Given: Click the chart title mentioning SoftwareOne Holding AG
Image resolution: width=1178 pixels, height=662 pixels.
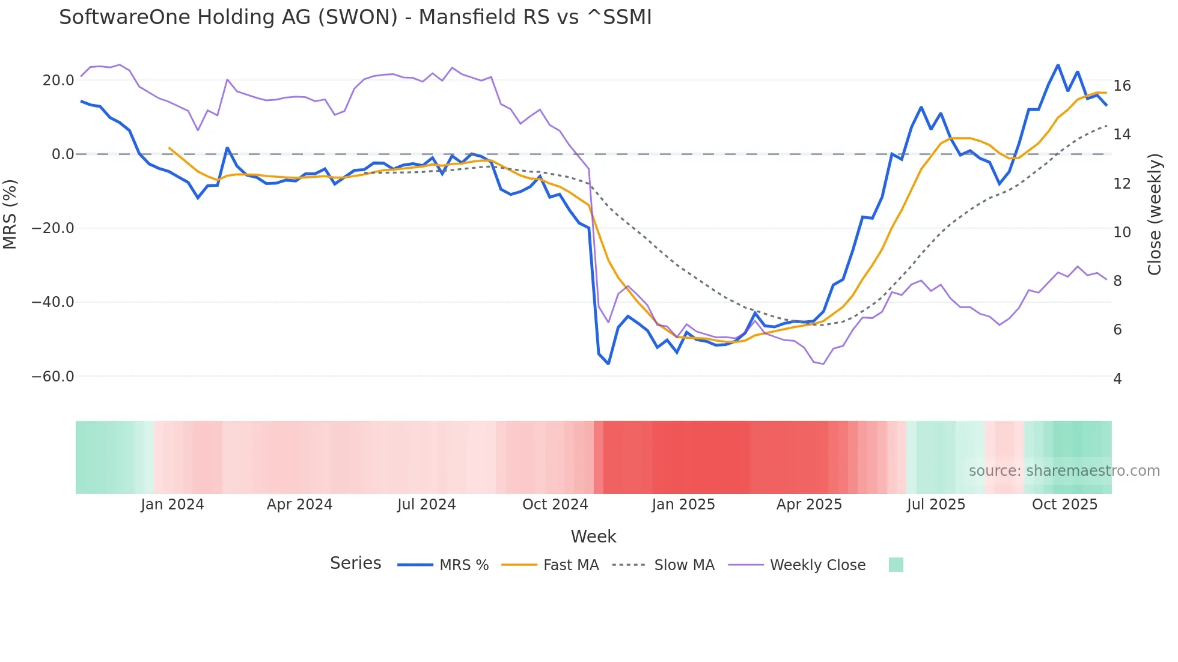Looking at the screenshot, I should pos(355,17).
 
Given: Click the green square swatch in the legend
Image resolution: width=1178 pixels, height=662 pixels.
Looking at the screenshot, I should pos(896,565).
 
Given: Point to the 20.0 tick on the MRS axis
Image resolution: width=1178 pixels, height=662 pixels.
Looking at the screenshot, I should pos(58,80).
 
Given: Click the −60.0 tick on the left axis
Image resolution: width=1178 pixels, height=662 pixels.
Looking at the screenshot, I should pos(53,377).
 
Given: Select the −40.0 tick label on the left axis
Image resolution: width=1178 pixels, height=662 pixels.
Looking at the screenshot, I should pos(53,302).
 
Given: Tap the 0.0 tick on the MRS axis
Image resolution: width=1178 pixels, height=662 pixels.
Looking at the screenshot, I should pos(63,154).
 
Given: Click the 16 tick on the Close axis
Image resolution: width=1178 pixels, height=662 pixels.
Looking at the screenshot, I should pos(1122,86).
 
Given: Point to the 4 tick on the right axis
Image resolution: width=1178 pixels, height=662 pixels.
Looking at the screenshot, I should pos(1117,379).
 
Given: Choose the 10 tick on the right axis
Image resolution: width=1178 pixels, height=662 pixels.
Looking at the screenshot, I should pos(1122,232).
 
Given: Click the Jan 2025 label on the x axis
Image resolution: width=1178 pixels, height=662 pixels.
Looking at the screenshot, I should pos(683,505).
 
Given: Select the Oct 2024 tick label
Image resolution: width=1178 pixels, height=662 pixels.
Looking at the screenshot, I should pos(555,505).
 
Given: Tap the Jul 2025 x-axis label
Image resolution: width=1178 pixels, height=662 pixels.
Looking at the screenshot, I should pos(936,505).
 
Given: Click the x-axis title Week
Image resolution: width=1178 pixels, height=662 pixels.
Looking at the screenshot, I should pos(593,536).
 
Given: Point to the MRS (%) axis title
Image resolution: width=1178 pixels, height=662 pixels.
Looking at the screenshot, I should pos(10,214).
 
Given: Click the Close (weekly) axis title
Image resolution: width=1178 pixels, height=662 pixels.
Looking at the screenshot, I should pos(1154,214).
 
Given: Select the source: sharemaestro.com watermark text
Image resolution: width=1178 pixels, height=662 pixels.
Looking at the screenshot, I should pos(1064,471).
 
